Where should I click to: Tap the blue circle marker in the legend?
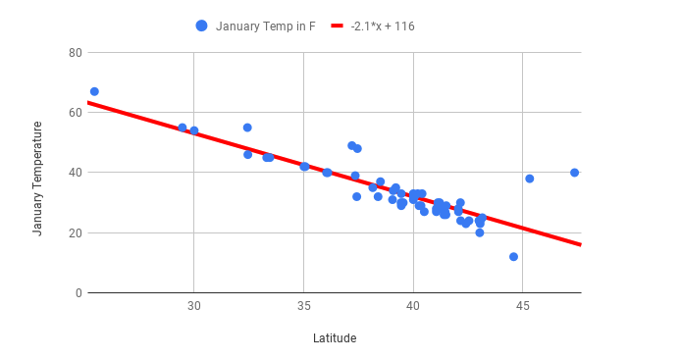[202, 26]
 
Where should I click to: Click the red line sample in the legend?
[338, 26]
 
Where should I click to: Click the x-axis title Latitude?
[335, 338]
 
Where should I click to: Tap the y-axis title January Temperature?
[37, 178]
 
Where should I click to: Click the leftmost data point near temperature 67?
[94, 91]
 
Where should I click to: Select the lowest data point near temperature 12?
[513, 257]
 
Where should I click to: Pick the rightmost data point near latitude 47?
[574, 173]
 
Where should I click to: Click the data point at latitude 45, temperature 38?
[529, 179]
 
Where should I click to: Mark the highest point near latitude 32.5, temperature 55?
[247, 128]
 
